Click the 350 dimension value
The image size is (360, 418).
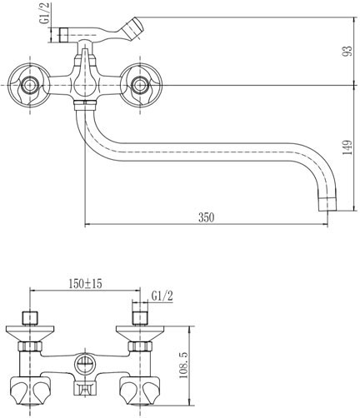207,217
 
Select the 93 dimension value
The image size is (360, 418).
347,51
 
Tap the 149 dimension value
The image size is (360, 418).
347,147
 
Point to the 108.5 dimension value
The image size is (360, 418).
183,366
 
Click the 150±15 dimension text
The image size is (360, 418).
86,283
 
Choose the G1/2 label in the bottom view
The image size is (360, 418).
162,296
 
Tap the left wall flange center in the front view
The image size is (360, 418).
29,85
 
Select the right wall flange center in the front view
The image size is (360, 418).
140,85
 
